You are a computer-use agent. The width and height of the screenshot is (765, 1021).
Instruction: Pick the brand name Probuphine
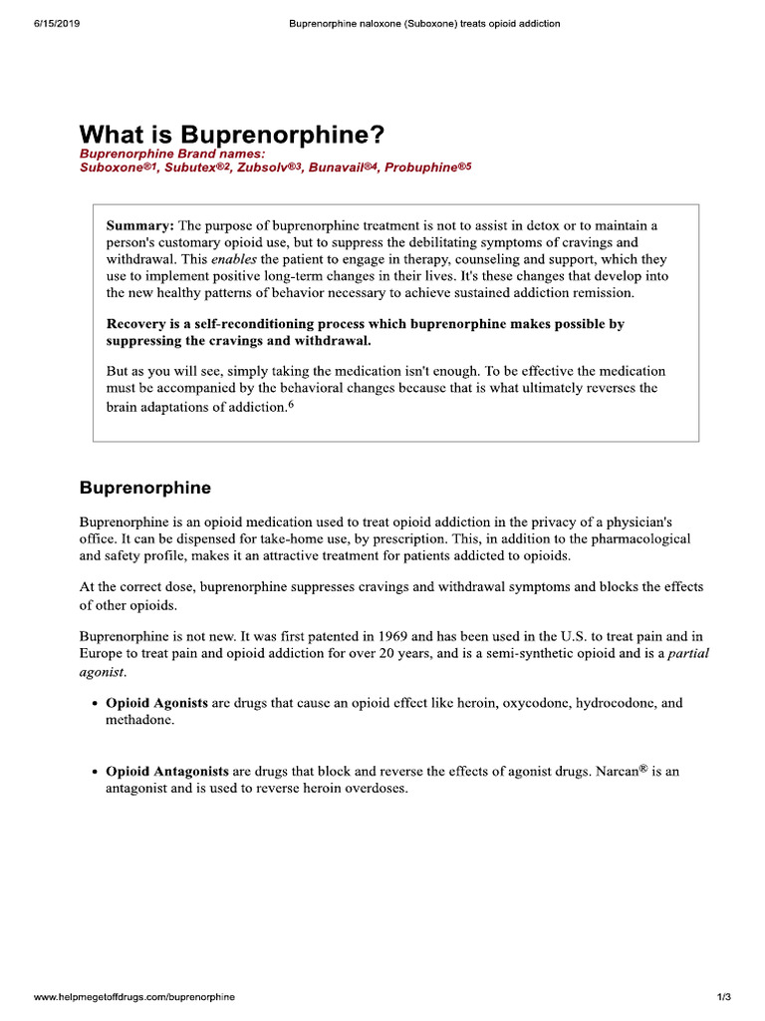pyautogui.click(x=422, y=169)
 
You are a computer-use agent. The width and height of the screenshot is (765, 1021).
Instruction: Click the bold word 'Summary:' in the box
pyautogui.click(x=139, y=226)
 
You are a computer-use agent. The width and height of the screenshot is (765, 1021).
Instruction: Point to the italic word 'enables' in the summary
pyautogui.click(x=234, y=259)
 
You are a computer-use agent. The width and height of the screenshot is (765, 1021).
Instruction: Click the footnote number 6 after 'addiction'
pyautogui.click(x=291, y=405)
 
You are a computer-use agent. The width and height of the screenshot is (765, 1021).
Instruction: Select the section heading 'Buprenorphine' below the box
pyautogui.click(x=145, y=489)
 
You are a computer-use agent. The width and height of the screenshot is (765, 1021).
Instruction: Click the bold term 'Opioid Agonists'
pyautogui.click(x=156, y=703)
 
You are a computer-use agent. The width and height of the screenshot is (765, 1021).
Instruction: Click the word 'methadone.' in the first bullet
pyautogui.click(x=139, y=720)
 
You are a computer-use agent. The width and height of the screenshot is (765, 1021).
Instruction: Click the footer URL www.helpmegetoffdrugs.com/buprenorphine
pyautogui.click(x=134, y=997)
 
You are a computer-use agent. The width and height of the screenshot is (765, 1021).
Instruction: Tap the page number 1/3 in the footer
pyautogui.click(x=723, y=997)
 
